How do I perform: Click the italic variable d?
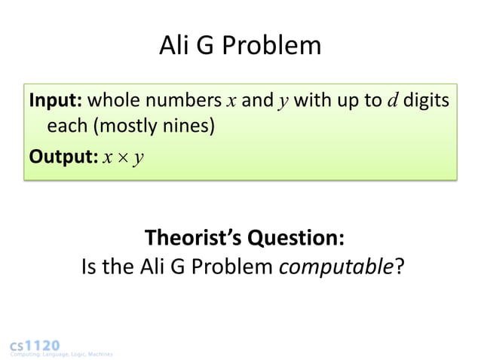[x=392, y=101]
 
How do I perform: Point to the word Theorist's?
[x=192, y=239]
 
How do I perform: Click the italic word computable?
[x=336, y=267]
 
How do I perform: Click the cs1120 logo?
[x=35, y=344]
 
